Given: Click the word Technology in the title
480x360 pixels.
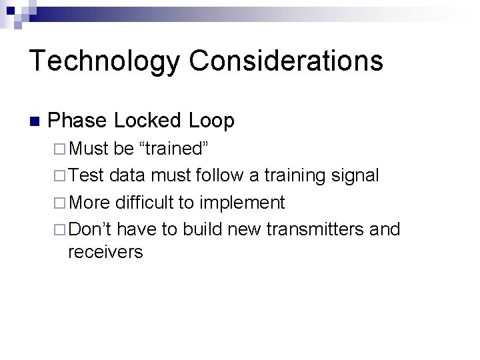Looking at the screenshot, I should (x=104, y=61).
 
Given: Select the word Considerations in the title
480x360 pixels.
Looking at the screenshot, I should (x=286, y=61).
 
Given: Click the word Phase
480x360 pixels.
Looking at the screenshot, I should (x=77, y=121).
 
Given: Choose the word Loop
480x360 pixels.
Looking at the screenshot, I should (x=211, y=121).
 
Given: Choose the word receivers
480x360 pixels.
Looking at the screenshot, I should (x=105, y=253).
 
